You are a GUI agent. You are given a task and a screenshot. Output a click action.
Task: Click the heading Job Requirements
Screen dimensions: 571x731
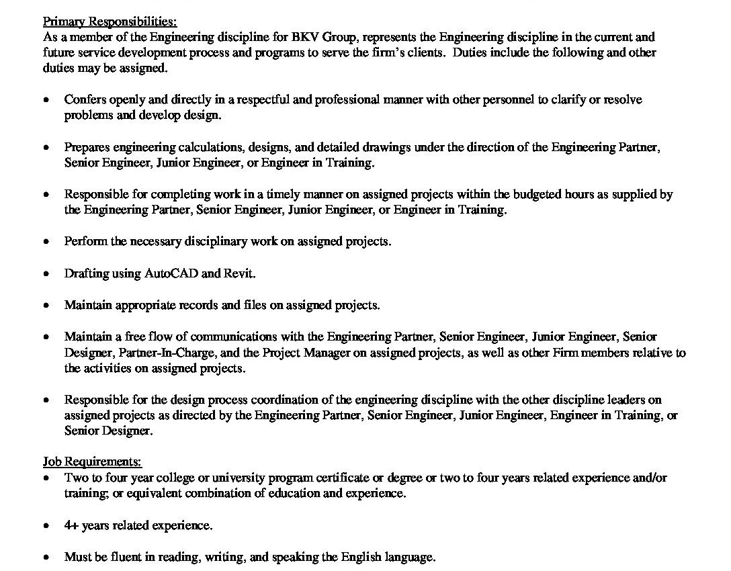coord(92,462)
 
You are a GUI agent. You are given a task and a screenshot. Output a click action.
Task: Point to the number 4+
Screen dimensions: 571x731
coord(71,526)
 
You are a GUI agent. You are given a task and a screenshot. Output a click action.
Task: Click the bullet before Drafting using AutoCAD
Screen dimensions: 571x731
coord(46,274)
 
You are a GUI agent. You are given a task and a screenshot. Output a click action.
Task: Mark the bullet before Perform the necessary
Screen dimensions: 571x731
coord(46,242)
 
